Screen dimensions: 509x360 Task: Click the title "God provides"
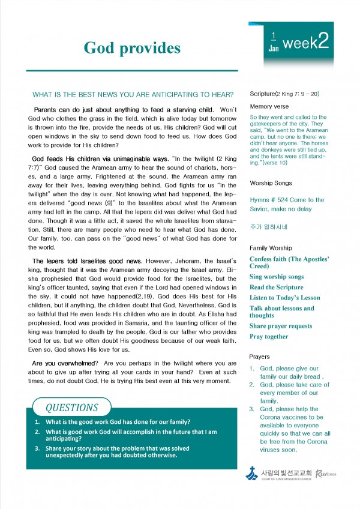(x=132, y=47)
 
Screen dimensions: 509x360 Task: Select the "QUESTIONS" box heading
(x=71, y=408)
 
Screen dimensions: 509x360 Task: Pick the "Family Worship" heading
(x=271, y=248)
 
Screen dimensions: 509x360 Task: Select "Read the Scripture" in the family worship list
(x=277, y=288)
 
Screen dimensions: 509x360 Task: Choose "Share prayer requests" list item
(x=281, y=326)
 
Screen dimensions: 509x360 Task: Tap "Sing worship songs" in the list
(x=277, y=277)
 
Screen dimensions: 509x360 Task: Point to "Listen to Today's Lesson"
(x=285, y=298)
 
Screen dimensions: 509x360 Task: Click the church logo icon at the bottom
(x=252, y=474)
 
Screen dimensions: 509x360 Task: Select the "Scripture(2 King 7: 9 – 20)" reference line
(x=284, y=94)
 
